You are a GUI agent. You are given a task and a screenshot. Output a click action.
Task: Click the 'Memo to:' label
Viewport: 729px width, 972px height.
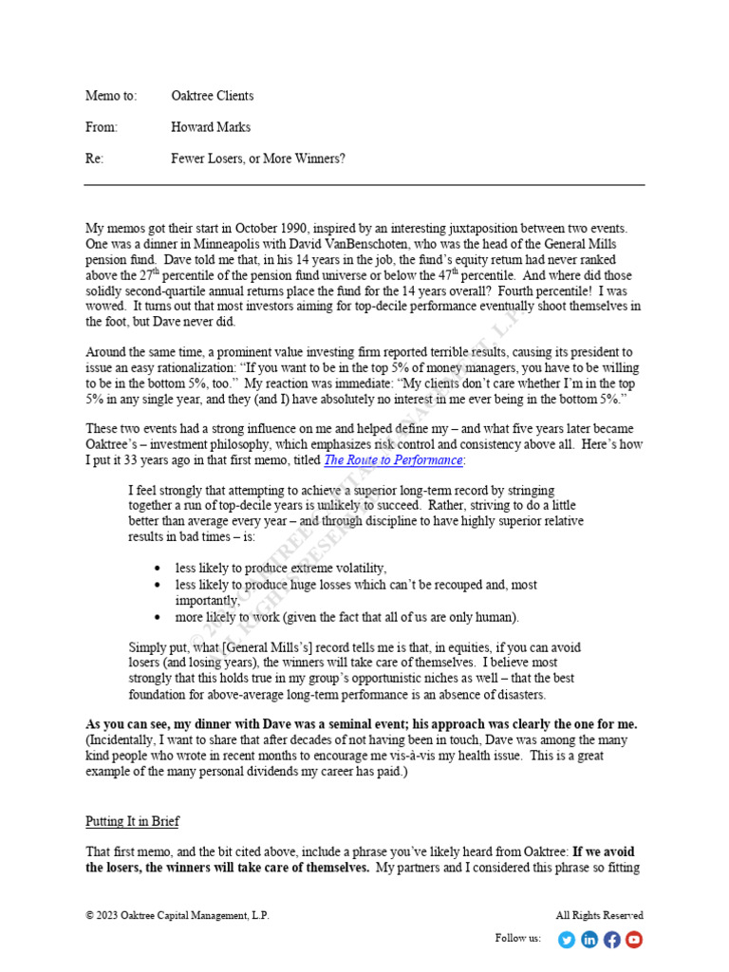[111, 96]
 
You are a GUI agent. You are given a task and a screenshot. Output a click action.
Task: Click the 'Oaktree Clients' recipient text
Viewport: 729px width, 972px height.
[212, 96]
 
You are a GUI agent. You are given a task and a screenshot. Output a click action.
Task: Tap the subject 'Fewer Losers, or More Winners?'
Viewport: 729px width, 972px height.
[258, 159]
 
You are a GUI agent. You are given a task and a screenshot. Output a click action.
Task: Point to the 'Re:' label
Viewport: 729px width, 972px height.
[94, 159]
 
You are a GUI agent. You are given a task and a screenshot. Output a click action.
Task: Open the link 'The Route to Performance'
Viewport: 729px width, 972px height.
[393, 460]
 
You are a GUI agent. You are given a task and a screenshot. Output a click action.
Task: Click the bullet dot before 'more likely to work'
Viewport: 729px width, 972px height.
[157, 617]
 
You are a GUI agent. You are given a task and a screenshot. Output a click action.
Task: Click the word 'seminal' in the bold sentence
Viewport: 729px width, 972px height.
[340, 725]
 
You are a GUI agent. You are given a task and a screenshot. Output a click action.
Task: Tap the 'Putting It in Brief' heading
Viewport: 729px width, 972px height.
[132, 821]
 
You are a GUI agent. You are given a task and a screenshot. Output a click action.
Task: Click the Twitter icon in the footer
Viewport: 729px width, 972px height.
[567, 940]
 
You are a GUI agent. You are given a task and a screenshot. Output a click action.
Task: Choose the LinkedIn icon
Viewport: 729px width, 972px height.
[589, 940]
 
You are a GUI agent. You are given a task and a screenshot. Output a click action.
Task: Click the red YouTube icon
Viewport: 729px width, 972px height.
[634, 940]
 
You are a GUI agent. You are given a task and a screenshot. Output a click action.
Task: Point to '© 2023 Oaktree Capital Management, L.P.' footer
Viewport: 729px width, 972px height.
[178, 916]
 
